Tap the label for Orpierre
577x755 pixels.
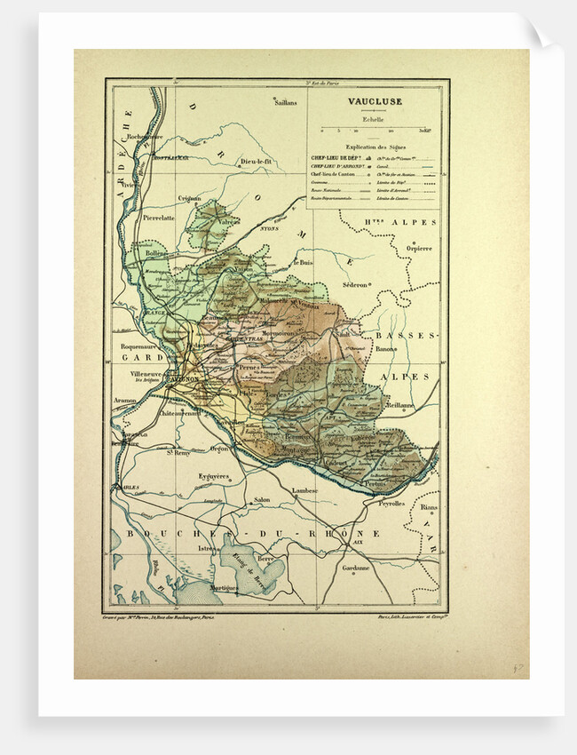click(418, 248)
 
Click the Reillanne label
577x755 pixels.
click(399, 404)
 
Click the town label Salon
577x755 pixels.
click(262, 499)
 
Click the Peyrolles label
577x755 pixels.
click(392, 502)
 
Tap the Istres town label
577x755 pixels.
click(208, 549)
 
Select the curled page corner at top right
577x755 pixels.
click(541, 33)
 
